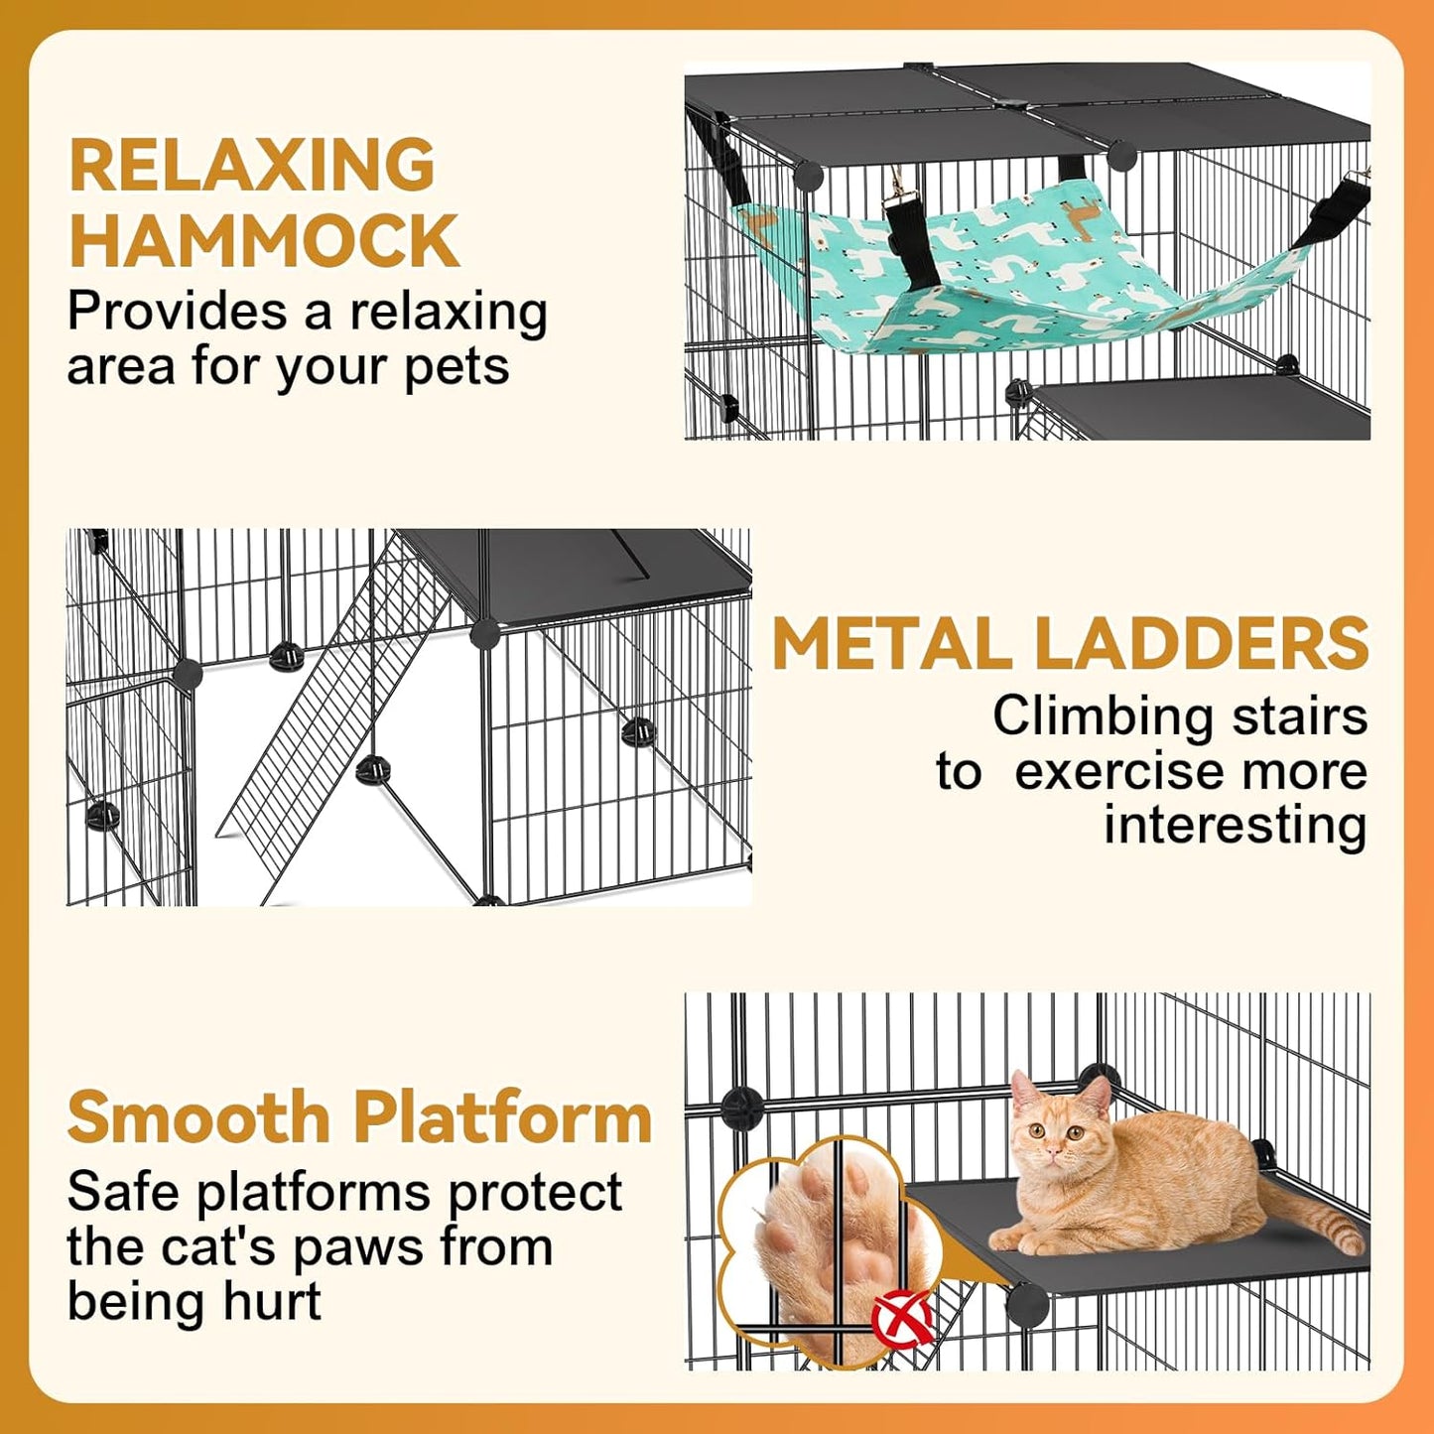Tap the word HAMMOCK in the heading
tap(264, 240)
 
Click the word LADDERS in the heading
tap(1201, 644)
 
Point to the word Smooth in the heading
tap(198, 1117)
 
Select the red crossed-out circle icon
tap(902, 1318)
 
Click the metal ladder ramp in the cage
tap(332, 715)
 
